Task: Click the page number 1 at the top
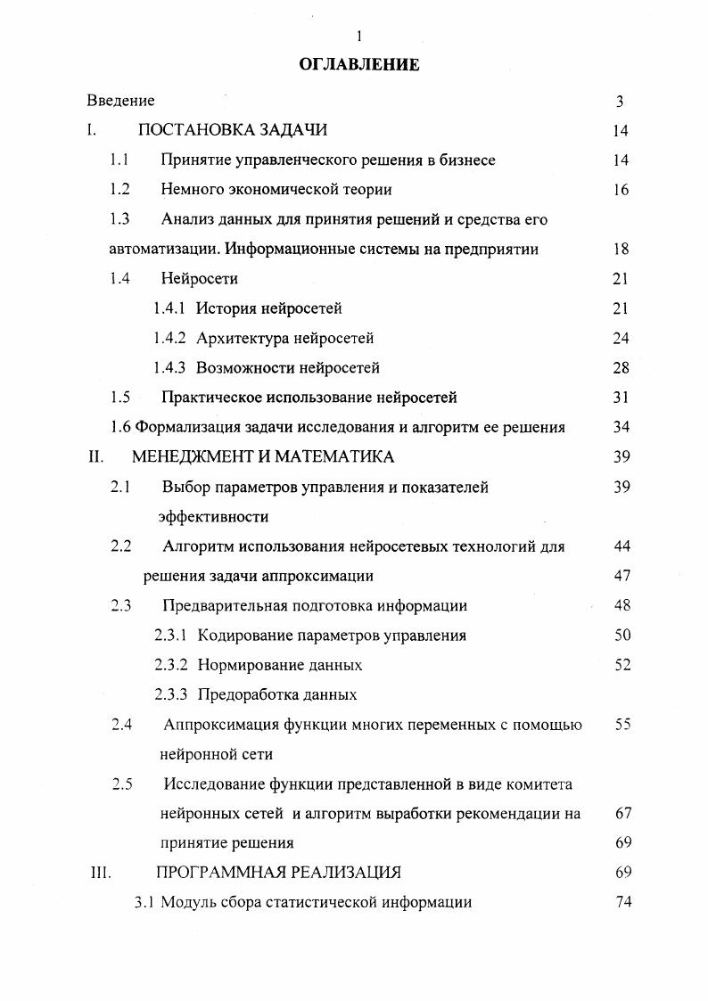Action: [x=358, y=37]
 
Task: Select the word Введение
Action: [x=120, y=101]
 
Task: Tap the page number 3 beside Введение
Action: [x=620, y=102]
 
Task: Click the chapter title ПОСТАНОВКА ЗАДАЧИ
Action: [x=233, y=130]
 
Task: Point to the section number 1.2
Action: [x=120, y=189]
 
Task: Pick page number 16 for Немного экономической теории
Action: [x=622, y=190]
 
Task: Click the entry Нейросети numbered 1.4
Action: [x=200, y=278]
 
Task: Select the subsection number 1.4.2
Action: [x=169, y=338]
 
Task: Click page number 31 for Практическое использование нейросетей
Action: [x=622, y=398]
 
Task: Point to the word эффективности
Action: [x=213, y=516]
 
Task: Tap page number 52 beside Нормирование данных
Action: [x=622, y=665]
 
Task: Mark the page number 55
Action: [x=622, y=725]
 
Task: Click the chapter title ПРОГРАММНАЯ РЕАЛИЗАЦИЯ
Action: [x=278, y=872]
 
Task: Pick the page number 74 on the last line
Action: [x=623, y=901]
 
